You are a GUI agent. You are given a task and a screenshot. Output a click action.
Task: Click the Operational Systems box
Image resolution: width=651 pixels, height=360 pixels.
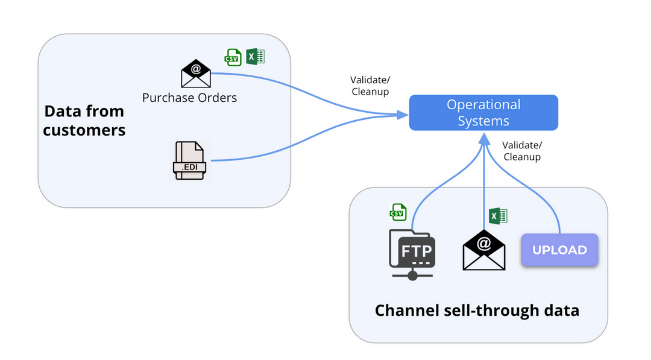(483, 113)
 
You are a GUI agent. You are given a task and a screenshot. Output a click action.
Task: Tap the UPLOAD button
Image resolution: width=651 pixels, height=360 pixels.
(559, 250)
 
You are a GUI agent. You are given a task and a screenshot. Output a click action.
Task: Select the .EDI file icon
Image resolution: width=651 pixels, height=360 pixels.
(189, 161)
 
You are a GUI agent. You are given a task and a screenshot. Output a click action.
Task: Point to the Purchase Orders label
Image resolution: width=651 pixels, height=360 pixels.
(189, 98)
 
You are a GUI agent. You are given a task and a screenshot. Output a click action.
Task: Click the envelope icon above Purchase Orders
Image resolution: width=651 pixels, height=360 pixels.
(196, 74)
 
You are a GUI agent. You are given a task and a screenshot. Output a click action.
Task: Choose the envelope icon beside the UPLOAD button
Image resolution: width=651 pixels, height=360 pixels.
(483, 250)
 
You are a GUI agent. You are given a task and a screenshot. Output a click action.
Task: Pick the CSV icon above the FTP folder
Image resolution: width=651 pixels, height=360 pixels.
(398, 212)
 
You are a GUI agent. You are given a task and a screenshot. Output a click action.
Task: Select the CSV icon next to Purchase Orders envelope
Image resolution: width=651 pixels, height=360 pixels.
(232, 57)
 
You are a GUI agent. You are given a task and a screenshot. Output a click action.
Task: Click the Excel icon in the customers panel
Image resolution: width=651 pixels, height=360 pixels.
(256, 57)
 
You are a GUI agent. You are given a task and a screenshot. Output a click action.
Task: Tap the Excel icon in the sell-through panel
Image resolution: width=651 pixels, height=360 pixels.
(497, 216)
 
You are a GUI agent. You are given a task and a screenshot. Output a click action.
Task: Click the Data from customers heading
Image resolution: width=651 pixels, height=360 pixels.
(84, 120)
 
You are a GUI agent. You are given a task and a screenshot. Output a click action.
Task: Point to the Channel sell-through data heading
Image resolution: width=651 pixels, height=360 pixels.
(477, 311)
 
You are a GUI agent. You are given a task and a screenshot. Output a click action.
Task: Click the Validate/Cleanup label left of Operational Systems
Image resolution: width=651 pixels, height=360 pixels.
(370, 86)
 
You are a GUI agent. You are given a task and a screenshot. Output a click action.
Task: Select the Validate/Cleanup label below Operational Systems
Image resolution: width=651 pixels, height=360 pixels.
(522, 151)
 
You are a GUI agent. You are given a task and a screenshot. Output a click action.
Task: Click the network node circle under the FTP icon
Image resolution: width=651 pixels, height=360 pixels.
(412, 276)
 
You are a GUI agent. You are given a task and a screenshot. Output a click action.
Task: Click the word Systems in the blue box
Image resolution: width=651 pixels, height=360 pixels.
(483, 121)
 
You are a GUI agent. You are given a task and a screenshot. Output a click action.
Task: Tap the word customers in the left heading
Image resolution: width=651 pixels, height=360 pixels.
(84, 130)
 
